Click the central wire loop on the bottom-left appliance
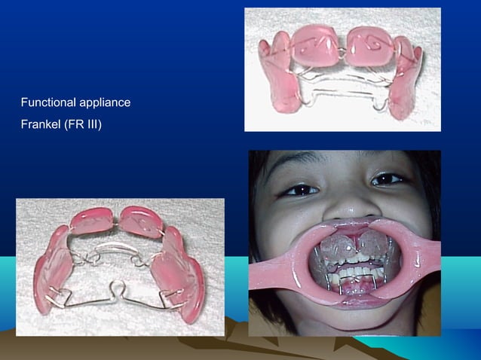tap(119, 286)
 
